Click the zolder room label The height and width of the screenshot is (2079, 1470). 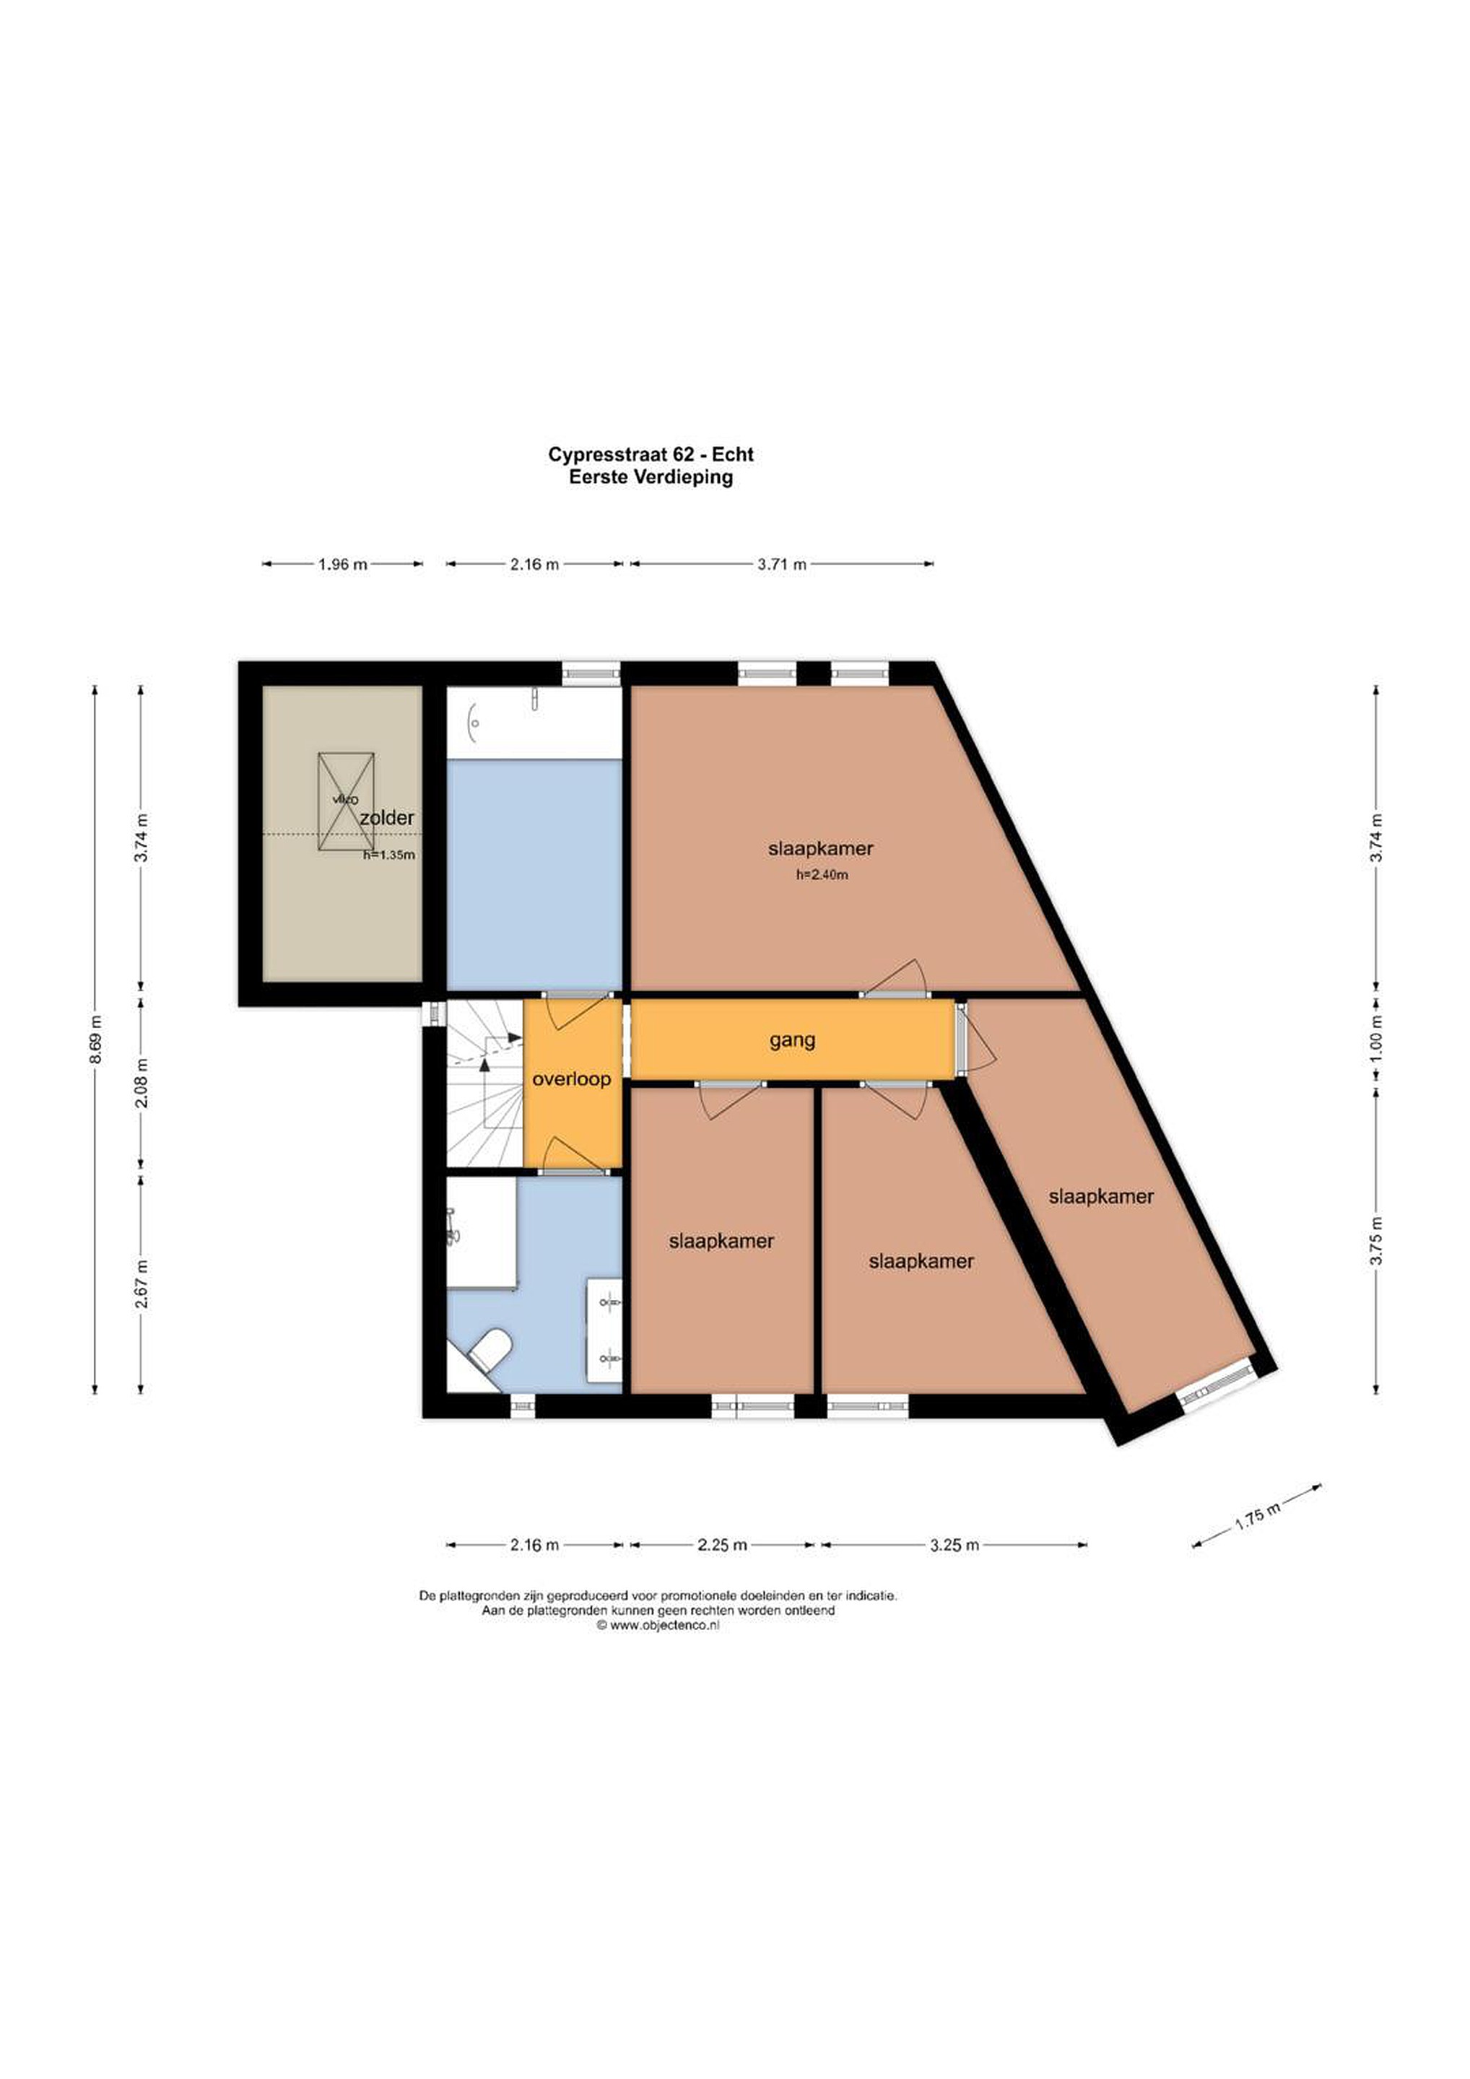387,818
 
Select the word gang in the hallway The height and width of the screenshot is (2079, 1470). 793,1040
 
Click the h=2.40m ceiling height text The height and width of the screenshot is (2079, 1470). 822,875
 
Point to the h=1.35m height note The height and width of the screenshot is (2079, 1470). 388,854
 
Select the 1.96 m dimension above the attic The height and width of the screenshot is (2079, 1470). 342,564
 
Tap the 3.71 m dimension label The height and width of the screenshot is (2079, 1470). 782,564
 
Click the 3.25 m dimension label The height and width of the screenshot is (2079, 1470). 954,1545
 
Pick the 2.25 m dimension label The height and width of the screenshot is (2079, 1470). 722,1545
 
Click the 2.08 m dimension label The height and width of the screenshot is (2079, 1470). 142,1083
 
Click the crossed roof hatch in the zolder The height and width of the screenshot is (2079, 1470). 346,801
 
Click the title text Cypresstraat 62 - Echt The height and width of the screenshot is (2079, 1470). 651,455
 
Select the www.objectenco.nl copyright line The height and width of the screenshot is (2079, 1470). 658,1626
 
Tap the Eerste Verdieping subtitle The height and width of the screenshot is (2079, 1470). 651,477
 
